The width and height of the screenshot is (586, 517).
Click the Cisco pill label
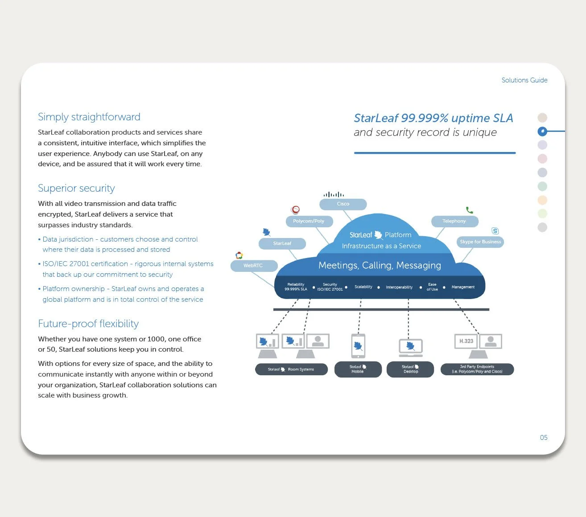tap(343, 204)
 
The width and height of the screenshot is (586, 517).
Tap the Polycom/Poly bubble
tap(309, 221)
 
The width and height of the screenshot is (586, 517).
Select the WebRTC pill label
tap(253, 266)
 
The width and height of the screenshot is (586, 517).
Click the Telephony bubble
tap(454, 221)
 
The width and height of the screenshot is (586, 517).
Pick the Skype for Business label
tap(480, 242)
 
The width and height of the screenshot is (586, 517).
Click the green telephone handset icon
tap(469, 210)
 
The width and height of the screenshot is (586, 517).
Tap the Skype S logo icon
tap(495, 231)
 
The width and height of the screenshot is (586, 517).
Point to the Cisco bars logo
tap(334, 194)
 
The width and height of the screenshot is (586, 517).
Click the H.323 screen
tap(466, 341)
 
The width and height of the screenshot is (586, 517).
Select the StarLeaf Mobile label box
tap(358, 369)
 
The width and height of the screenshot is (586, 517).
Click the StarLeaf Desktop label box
tap(410, 369)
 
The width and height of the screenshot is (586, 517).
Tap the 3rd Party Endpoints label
tap(477, 369)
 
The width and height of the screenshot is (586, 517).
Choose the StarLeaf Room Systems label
tap(291, 369)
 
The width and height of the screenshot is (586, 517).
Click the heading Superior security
tap(76, 188)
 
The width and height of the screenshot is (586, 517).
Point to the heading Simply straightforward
tap(89, 117)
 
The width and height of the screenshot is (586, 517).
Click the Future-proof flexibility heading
tap(88, 324)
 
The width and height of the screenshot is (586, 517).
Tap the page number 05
tap(544, 438)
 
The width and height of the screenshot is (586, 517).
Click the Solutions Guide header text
tap(524, 80)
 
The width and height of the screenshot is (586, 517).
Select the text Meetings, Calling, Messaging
tap(380, 266)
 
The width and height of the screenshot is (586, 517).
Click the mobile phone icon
tap(358, 346)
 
